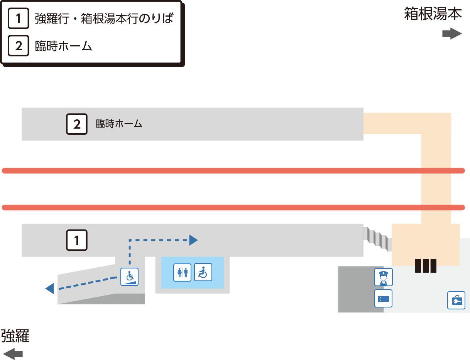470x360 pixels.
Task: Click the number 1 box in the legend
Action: [19, 18]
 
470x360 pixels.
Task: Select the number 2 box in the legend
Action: [19, 46]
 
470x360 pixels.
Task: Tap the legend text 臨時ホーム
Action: [63, 46]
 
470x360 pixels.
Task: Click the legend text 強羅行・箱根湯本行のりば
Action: [104, 18]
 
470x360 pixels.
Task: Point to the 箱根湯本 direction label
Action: [433, 14]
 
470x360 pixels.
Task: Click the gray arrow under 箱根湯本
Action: [452, 34]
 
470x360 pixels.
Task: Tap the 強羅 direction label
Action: [15, 336]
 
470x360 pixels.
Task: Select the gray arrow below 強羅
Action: [13, 354]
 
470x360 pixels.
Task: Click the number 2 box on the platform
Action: [77, 124]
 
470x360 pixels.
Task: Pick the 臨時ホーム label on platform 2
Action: [119, 124]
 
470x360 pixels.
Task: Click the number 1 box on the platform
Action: [77, 240]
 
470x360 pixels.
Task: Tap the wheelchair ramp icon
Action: [129, 277]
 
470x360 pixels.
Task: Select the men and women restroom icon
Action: [182, 272]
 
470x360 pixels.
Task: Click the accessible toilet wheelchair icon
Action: [203, 272]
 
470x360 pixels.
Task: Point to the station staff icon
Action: [384, 277]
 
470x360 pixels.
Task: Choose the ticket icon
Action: [383, 299]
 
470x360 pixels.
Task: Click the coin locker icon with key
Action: [456, 300]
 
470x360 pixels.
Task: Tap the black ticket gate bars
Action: [426, 266]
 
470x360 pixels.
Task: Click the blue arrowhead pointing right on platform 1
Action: [193, 240]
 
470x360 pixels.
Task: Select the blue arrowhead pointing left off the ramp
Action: [50, 289]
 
